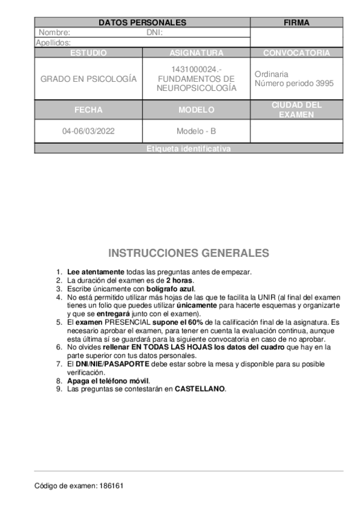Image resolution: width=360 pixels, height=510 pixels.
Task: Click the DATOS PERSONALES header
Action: pyautogui.click(x=142, y=23)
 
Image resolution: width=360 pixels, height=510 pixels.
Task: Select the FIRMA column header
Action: pyautogui.click(x=296, y=23)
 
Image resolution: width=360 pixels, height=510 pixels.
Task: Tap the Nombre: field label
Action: pyautogui.click(x=55, y=33)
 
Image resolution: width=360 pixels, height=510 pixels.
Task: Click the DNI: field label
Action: pyautogui.click(x=154, y=33)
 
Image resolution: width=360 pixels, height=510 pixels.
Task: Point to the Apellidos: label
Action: pyautogui.click(x=53, y=43)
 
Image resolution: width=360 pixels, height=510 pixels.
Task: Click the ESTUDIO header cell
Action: pyautogui.click(x=88, y=53)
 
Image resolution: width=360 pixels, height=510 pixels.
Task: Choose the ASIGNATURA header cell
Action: pyautogui.click(x=197, y=53)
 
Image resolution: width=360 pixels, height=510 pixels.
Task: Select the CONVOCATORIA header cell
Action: pyautogui.click(x=296, y=53)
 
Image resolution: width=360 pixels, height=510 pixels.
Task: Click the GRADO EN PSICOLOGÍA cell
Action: pyautogui.click(x=88, y=79)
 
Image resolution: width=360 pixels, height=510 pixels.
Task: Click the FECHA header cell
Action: pyautogui.click(x=88, y=110)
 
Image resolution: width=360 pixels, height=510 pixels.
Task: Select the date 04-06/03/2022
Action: pyautogui.click(x=88, y=131)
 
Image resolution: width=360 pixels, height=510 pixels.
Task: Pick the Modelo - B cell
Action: pyautogui.click(x=197, y=131)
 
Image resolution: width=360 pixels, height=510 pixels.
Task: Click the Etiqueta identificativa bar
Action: pyautogui.click(x=188, y=149)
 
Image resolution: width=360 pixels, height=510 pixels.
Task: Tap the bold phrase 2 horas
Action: pyautogui.click(x=180, y=280)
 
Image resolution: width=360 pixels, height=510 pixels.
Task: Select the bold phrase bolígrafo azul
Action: pyautogui.click(x=171, y=289)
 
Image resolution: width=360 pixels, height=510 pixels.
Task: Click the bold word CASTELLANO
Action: pyautogui.click(x=200, y=389)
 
